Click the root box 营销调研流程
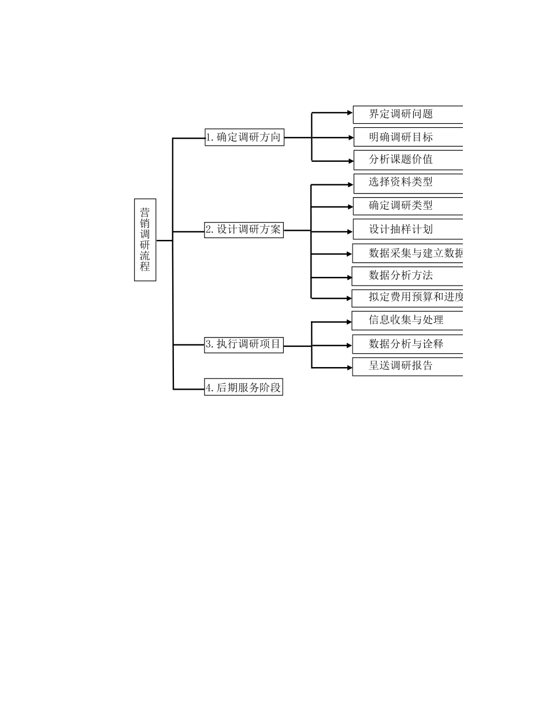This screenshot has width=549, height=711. (x=145, y=240)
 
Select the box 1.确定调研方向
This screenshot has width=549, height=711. (x=244, y=137)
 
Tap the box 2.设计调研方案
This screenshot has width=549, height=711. (x=244, y=229)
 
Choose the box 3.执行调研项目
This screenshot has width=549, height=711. (x=244, y=345)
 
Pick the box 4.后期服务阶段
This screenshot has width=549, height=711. (x=244, y=387)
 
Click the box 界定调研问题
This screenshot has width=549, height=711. (x=408, y=114)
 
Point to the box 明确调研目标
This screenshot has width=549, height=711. (x=408, y=137)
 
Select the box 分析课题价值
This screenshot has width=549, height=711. (x=408, y=160)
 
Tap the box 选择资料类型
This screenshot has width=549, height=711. (x=408, y=183)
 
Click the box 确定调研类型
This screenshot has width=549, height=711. (x=408, y=206)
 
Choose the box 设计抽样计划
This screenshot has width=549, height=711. (x=408, y=229)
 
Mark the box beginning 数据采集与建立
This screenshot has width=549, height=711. (x=408, y=253)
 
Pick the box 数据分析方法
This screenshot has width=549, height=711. (x=408, y=276)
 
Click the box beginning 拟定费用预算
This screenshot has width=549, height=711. (x=408, y=298)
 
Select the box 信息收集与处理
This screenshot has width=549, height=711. (x=408, y=320)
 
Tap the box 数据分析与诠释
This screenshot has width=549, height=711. (x=408, y=344)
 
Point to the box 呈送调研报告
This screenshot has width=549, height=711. (x=408, y=366)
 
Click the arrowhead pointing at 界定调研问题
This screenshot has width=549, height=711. (x=349, y=113)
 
